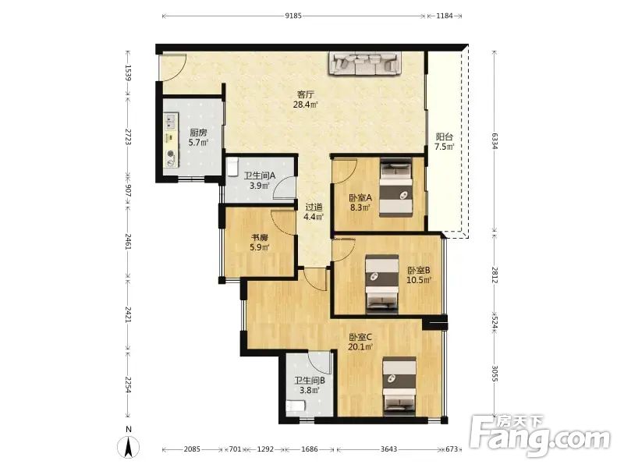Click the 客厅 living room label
tap(306, 94)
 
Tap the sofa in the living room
tap(364, 63)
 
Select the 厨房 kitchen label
tap(198, 133)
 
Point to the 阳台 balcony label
tap(444, 137)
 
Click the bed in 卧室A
tap(395, 187)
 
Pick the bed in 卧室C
tap(399, 385)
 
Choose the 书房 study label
tap(259, 238)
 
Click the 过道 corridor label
tap(314, 207)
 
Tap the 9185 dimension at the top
tap(293, 16)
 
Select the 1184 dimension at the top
tap(445, 16)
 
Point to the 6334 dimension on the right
tap(495, 141)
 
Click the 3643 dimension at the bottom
tap(388, 449)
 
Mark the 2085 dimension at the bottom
tap(192, 449)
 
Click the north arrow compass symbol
tap(128, 447)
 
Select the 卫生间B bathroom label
tap(310, 381)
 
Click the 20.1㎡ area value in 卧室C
tap(360, 346)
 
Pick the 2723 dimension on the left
tap(128, 136)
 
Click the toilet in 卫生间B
tap(296, 406)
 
